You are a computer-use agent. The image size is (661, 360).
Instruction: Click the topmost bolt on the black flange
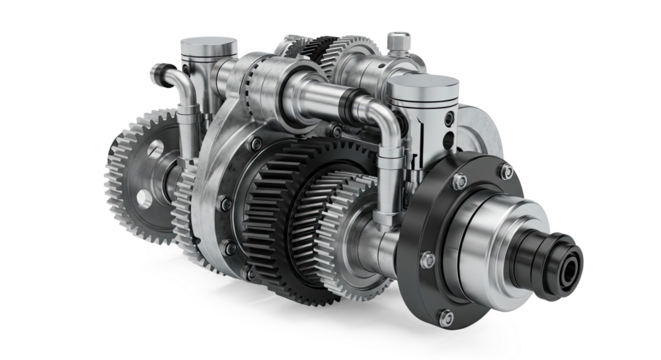459,181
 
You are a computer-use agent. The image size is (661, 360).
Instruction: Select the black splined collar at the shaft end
560,261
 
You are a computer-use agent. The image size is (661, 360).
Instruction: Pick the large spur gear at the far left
136,169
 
